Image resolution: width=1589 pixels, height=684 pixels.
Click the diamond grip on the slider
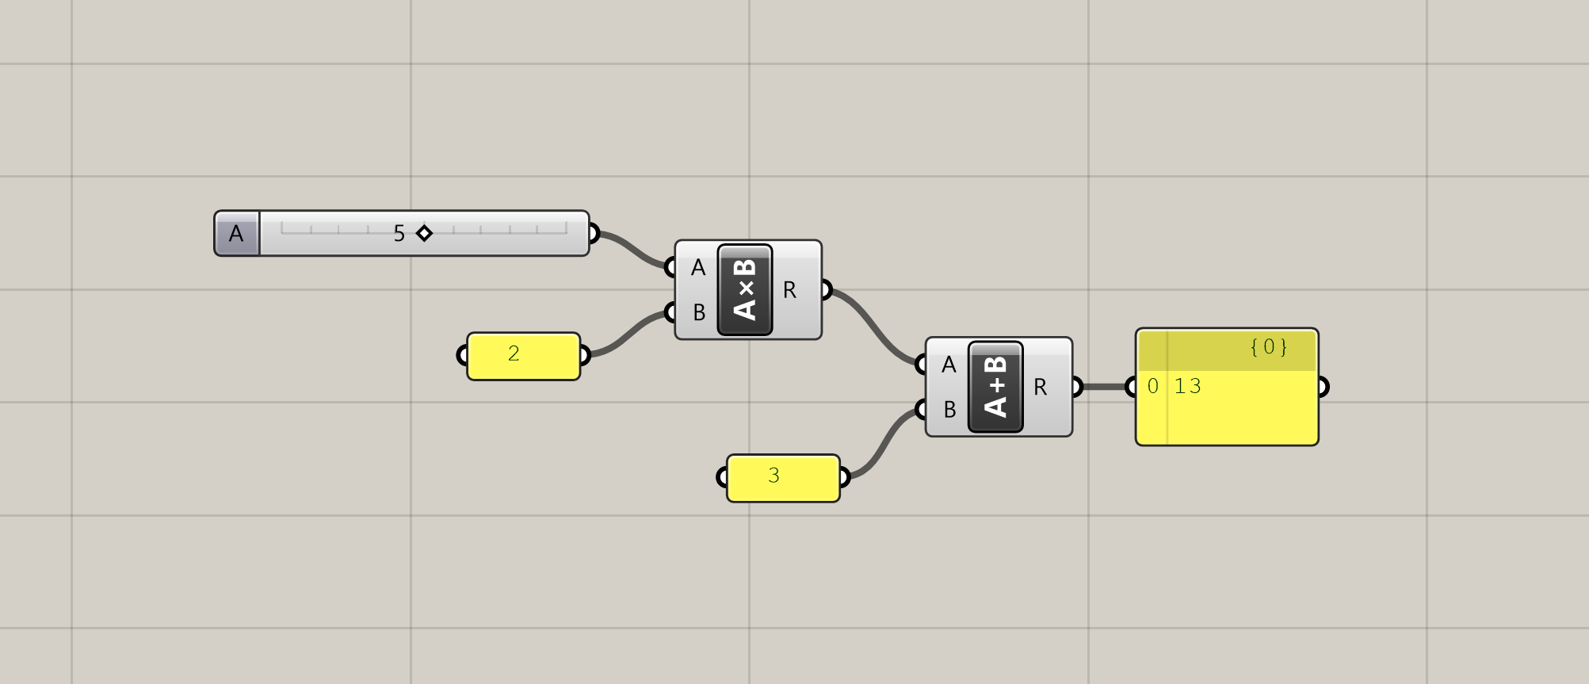coord(424,233)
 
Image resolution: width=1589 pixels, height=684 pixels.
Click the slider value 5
coord(399,234)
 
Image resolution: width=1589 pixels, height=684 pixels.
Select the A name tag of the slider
coord(236,234)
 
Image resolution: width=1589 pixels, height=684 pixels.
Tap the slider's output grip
coord(594,234)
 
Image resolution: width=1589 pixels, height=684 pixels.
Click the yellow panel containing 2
coord(523,356)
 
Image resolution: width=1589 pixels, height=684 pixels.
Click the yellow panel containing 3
coord(782,478)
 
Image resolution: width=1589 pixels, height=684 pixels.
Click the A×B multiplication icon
coord(745,290)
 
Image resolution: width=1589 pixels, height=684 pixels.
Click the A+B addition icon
coord(995,387)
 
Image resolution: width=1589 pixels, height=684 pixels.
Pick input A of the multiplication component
coord(697,268)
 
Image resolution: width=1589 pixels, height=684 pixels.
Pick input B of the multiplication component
coord(698,313)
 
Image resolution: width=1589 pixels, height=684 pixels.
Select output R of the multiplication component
coord(790,291)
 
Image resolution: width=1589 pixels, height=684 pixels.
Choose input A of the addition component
coord(949,365)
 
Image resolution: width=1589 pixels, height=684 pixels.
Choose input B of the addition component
coord(949,410)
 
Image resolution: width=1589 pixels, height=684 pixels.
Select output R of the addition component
coord(1041,388)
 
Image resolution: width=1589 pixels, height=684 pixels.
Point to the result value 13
coord(1188,387)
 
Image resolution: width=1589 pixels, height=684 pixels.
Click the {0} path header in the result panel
coord(1268,347)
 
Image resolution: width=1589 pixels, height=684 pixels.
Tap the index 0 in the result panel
coord(1153,387)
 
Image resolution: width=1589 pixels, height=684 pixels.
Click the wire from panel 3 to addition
coord(883,444)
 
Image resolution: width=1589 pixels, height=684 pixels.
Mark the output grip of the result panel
coord(1321,387)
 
